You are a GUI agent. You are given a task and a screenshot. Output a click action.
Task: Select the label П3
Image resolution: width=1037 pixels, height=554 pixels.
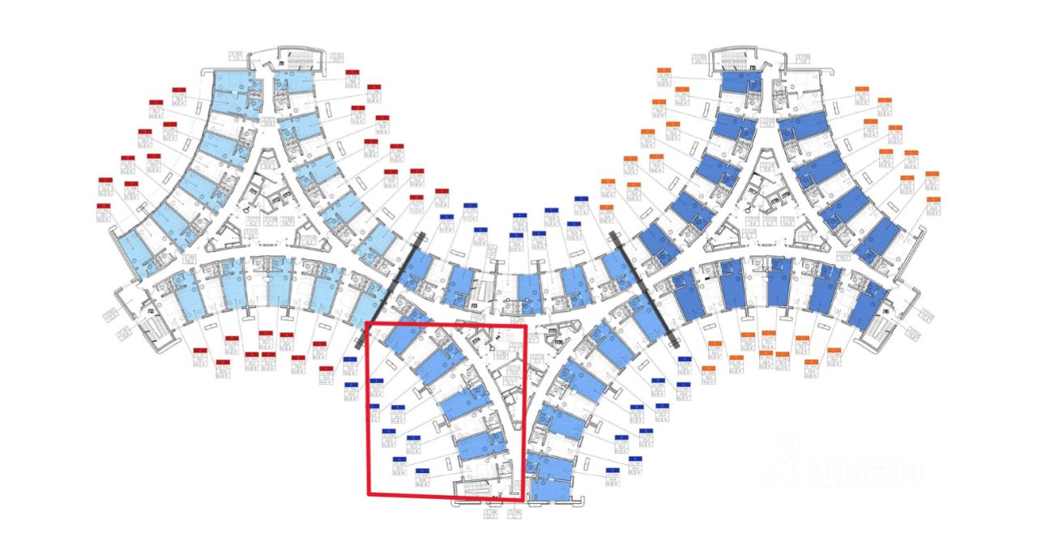(474, 306)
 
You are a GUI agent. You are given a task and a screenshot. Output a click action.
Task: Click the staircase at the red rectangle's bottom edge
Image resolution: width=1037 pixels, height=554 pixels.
(478, 488)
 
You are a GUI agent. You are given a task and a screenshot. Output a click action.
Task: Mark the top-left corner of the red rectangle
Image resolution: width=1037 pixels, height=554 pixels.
(367, 323)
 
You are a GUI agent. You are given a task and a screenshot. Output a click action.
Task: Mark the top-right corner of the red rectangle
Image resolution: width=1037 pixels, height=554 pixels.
(527, 327)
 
